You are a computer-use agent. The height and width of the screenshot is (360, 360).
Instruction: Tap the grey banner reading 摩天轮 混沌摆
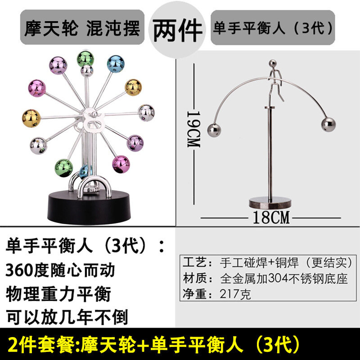82,27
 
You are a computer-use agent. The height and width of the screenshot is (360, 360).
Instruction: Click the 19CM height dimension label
194,129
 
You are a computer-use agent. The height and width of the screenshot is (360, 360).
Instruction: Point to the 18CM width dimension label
271,217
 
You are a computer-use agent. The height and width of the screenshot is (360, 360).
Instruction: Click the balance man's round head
273,63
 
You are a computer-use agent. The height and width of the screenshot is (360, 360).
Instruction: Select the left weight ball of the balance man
214,130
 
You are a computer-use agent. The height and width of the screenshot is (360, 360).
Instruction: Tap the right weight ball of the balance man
328,125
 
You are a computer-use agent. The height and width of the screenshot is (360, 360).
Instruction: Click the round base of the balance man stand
270,202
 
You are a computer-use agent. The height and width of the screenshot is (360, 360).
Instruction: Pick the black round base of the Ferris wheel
89,208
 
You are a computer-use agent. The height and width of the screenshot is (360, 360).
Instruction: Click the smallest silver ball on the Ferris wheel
87,71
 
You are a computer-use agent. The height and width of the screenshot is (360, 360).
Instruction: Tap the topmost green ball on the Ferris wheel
85,59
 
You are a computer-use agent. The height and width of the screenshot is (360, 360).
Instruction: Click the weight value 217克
235,294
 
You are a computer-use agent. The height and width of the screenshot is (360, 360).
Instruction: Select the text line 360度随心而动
60,270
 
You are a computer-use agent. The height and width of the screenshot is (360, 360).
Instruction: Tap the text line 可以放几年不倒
67,317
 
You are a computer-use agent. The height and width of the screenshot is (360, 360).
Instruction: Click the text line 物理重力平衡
58,294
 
